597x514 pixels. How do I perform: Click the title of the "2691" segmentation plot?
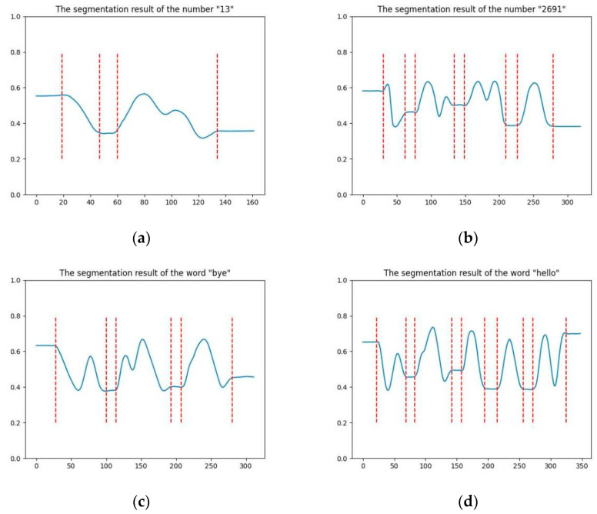click(x=472, y=8)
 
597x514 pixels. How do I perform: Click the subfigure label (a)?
click(x=141, y=239)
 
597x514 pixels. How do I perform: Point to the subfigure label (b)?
click(x=467, y=239)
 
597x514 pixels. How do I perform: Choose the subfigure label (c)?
click(x=141, y=502)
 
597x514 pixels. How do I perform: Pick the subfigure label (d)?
click(x=467, y=502)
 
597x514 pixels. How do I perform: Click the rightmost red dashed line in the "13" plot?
click(x=218, y=108)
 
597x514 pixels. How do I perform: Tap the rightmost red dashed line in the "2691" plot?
click(x=553, y=108)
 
